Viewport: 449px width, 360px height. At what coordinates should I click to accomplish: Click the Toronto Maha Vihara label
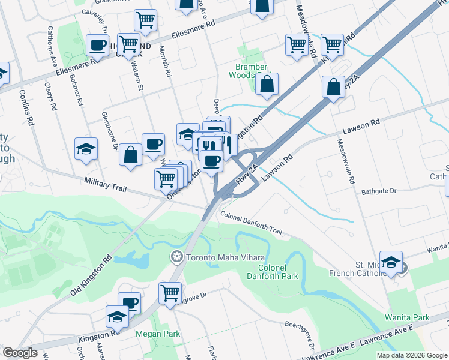(x=219, y=257)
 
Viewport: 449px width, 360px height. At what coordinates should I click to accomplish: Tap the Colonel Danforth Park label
(x=273, y=271)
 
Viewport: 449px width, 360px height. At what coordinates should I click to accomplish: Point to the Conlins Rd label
(x=26, y=107)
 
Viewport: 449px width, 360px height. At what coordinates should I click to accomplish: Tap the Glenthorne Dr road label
(x=111, y=130)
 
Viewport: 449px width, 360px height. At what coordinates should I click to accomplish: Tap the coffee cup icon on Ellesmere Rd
(x=97, y=45)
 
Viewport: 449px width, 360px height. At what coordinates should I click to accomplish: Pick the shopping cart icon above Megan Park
(x=170, y=293)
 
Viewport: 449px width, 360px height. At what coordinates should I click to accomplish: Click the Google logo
(x=20, y=353)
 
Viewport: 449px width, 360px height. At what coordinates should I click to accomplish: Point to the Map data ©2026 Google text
(x=411, y=355)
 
